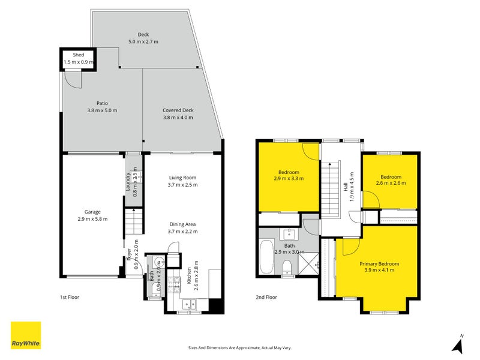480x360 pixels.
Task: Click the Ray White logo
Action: tap(26, 335)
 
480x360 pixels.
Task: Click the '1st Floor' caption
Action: tap(70, 297)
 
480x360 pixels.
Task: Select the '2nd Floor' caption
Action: tap(267, 297)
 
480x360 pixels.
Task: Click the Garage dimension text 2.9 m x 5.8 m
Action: tap(92, 219)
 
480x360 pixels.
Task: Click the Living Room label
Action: tap(182, 178)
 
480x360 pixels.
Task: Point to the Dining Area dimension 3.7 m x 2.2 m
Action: tap(182, 231)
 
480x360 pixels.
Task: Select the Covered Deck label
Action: tap(178, 110)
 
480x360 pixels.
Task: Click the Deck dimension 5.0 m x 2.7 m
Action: tap(143, 42)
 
